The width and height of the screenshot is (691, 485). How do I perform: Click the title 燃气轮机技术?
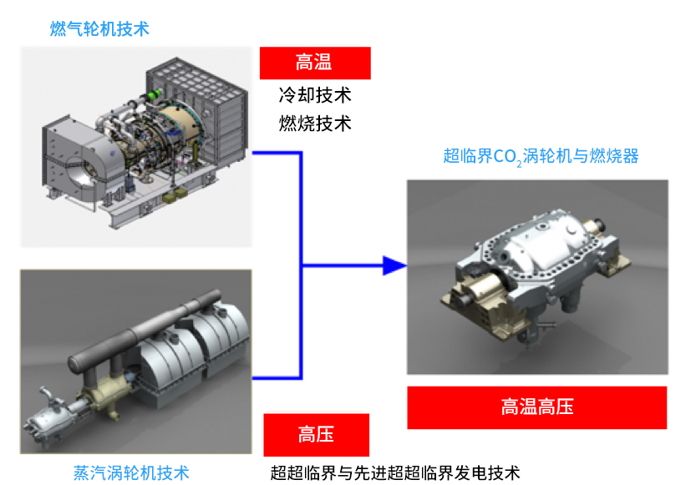[x=99, y=29]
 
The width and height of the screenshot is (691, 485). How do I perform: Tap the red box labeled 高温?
[x=314, y=63]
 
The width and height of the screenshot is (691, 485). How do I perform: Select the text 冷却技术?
[x=314, y=94]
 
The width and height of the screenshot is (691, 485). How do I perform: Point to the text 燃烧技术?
[x=314, y=124]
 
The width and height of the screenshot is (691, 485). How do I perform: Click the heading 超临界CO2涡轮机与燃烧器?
[x=541, y=156]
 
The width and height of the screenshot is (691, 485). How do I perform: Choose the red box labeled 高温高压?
[x=537, y=407]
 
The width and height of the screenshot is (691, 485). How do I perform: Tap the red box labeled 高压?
[x=316, y=435]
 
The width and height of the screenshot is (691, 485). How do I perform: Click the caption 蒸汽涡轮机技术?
[x=131, y=472]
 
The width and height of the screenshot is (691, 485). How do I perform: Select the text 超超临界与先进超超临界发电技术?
[x=395, y=472]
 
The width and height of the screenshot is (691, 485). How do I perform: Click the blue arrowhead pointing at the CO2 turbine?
[x=394, y=266]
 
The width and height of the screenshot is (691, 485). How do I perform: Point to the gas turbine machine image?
[x=135, y=146]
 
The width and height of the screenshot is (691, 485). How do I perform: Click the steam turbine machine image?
[x=135, y=361]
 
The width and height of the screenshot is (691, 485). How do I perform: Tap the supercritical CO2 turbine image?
[x=537, y=275]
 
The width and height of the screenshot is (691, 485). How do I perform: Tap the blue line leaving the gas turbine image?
[x=276, y=153]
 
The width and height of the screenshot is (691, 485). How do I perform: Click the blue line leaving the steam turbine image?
[x=276, y=376]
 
